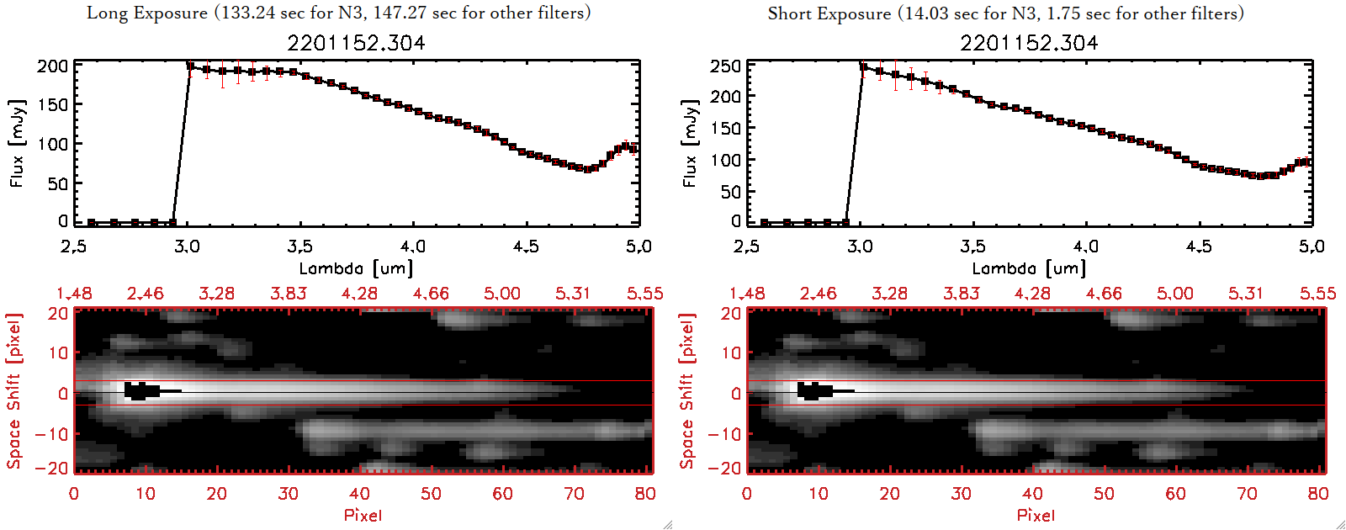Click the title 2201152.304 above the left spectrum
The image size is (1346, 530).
point(356,43)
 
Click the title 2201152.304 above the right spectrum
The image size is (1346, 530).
point(1029,43)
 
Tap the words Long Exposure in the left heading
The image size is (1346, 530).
point(147,13)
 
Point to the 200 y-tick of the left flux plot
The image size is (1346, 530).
point(52,66)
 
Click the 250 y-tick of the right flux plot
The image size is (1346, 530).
point(725,66)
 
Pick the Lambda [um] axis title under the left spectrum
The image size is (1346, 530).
point(356,268)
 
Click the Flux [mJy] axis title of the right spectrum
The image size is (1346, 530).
point(690,143)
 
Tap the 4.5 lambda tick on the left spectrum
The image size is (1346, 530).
point(526,246)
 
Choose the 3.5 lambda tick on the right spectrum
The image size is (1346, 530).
point(972,246)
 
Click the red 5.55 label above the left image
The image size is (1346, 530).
point(644,294)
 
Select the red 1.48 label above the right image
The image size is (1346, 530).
point(747,294)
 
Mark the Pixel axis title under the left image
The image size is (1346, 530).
point(363,515)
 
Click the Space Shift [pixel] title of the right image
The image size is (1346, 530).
point(686,391)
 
